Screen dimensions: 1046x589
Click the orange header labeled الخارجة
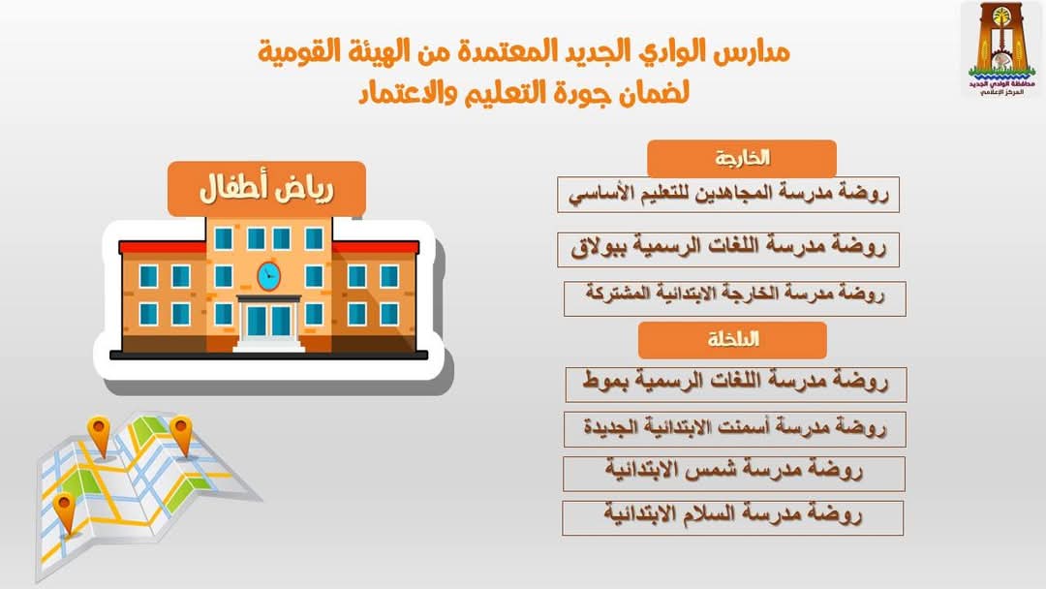(x=741, y=158)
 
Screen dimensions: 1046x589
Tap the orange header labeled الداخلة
(x=732, y=340)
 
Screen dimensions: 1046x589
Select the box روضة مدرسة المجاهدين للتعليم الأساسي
(x=728, y=194)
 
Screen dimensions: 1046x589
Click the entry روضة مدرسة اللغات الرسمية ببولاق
(x=728, y=249)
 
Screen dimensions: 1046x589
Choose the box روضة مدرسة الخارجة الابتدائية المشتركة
(x=734, y=297)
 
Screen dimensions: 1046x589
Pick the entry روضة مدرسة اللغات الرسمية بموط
(x=736, y=385)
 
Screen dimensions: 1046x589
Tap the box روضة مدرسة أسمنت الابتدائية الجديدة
(x=734, y=429)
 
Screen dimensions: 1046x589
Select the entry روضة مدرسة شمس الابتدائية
(x=734, y=474)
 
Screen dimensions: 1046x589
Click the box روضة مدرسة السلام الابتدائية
(x=732, y=517)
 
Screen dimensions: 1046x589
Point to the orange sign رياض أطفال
(x=267, y=189)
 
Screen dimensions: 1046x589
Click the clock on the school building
(x=269, y=275)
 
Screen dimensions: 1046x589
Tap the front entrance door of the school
(x=269, y=322)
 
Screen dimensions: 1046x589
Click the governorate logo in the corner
(x=1001, y=50)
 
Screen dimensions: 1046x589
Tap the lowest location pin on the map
(x=65, y=513)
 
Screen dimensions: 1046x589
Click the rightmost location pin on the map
(x=181, y=436)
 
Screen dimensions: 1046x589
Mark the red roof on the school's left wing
(x=162, y=247)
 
